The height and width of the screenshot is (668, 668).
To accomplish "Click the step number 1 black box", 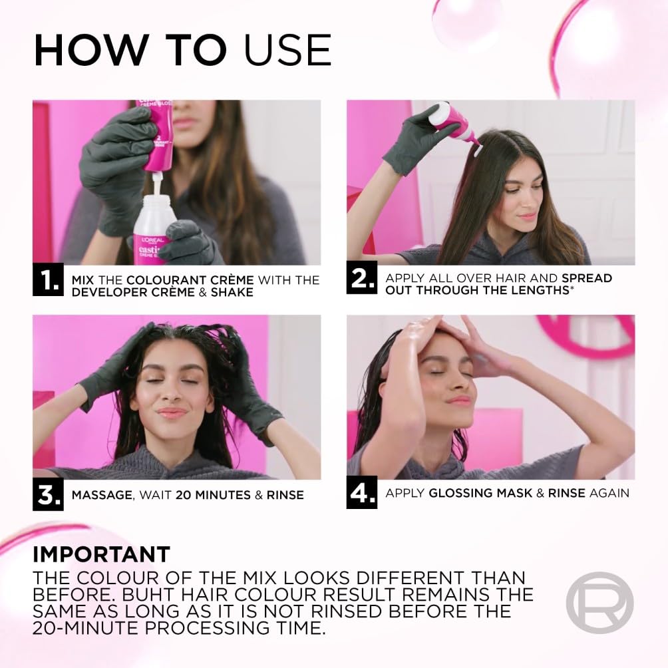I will pos(48,280).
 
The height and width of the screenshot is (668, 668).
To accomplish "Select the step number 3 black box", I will pos(48,495).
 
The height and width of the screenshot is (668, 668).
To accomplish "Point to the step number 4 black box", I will pos(362,493).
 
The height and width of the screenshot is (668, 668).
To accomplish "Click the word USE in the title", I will pos(287,49).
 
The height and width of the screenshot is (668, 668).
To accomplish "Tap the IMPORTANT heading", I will pos(101,554).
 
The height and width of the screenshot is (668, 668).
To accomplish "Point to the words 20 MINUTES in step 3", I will pos(194,495).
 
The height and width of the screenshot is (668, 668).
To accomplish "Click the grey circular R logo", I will pos(599,603).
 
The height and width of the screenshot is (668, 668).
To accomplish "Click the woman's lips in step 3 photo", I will pos(172,413).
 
